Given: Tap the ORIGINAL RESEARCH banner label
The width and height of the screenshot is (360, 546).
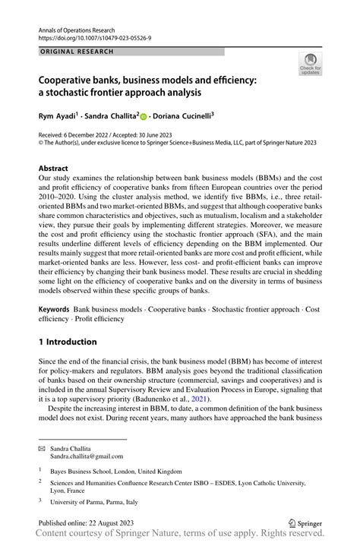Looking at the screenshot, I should (x=77, y=52).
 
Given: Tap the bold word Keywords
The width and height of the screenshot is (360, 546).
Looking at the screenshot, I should (x=54, y=311).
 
